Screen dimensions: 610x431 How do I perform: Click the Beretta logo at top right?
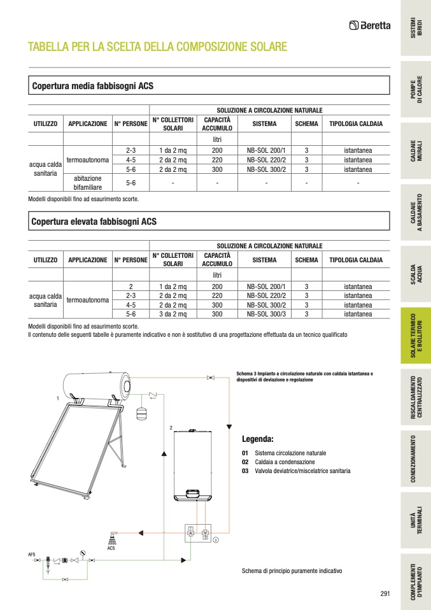[x=370, y=25]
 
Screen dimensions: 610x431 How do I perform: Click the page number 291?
[x=385, y=593]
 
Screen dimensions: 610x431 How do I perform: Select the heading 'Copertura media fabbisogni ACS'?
[x=92, y=85]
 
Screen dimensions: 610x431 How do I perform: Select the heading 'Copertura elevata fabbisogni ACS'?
[x=94, y=222]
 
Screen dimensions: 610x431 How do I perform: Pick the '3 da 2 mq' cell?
[x=173, y=314]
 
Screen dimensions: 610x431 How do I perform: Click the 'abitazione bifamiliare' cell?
[x=88, y=183]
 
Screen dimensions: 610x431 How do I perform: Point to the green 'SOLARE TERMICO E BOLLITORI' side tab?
[x=415, y=336]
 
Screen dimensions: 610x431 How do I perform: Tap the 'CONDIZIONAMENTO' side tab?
[x=415, y=459]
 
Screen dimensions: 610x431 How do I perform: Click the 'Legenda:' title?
[x=257, y=439]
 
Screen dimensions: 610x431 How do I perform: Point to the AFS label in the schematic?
[x=32, y=554]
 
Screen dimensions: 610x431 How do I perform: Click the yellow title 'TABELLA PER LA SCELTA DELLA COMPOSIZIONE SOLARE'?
[x=157, y=47]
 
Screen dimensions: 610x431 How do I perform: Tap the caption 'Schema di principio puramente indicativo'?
[x=292, y=571]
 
